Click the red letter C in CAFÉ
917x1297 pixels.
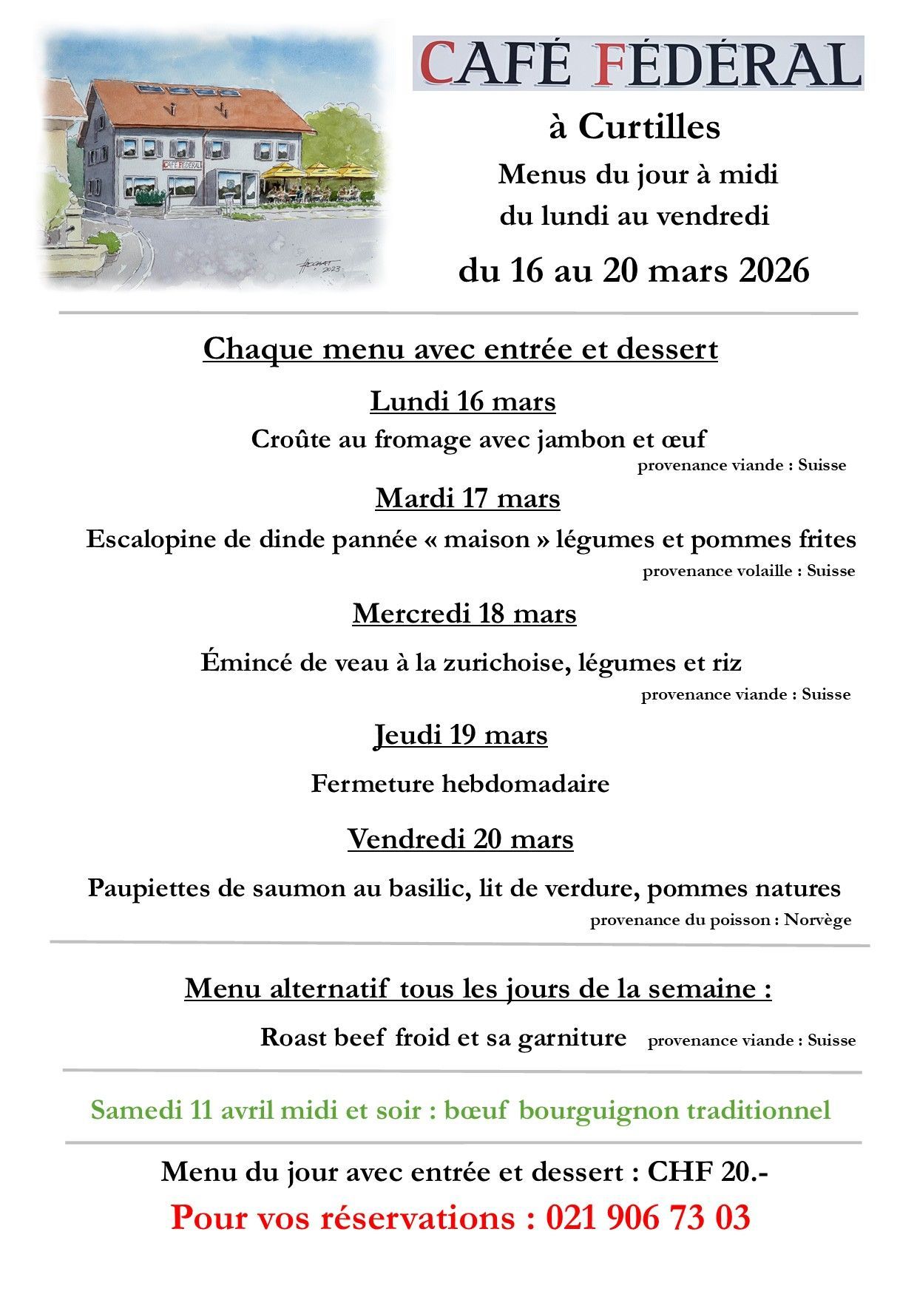[x=437, y=64]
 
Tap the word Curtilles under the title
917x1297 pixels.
[x=649, y=127]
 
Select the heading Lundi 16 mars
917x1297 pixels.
[x=462, y=402]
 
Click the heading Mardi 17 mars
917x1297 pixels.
[x=467, y=498]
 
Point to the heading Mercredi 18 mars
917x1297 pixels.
[x=464, y=614]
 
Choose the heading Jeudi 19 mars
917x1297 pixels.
[x=461, y=735]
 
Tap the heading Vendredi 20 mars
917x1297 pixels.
[x=460, y=839]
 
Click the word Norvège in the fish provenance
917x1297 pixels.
[x=817, y=920]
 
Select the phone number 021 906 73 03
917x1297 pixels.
[x=648, y=1218]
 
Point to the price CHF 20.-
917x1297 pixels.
[x=707, y=1172]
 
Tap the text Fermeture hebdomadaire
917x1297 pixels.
[x=460, y=783]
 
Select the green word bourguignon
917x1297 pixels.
[x=598, y=1111]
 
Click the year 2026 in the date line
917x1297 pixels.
[x=774, y=271]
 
